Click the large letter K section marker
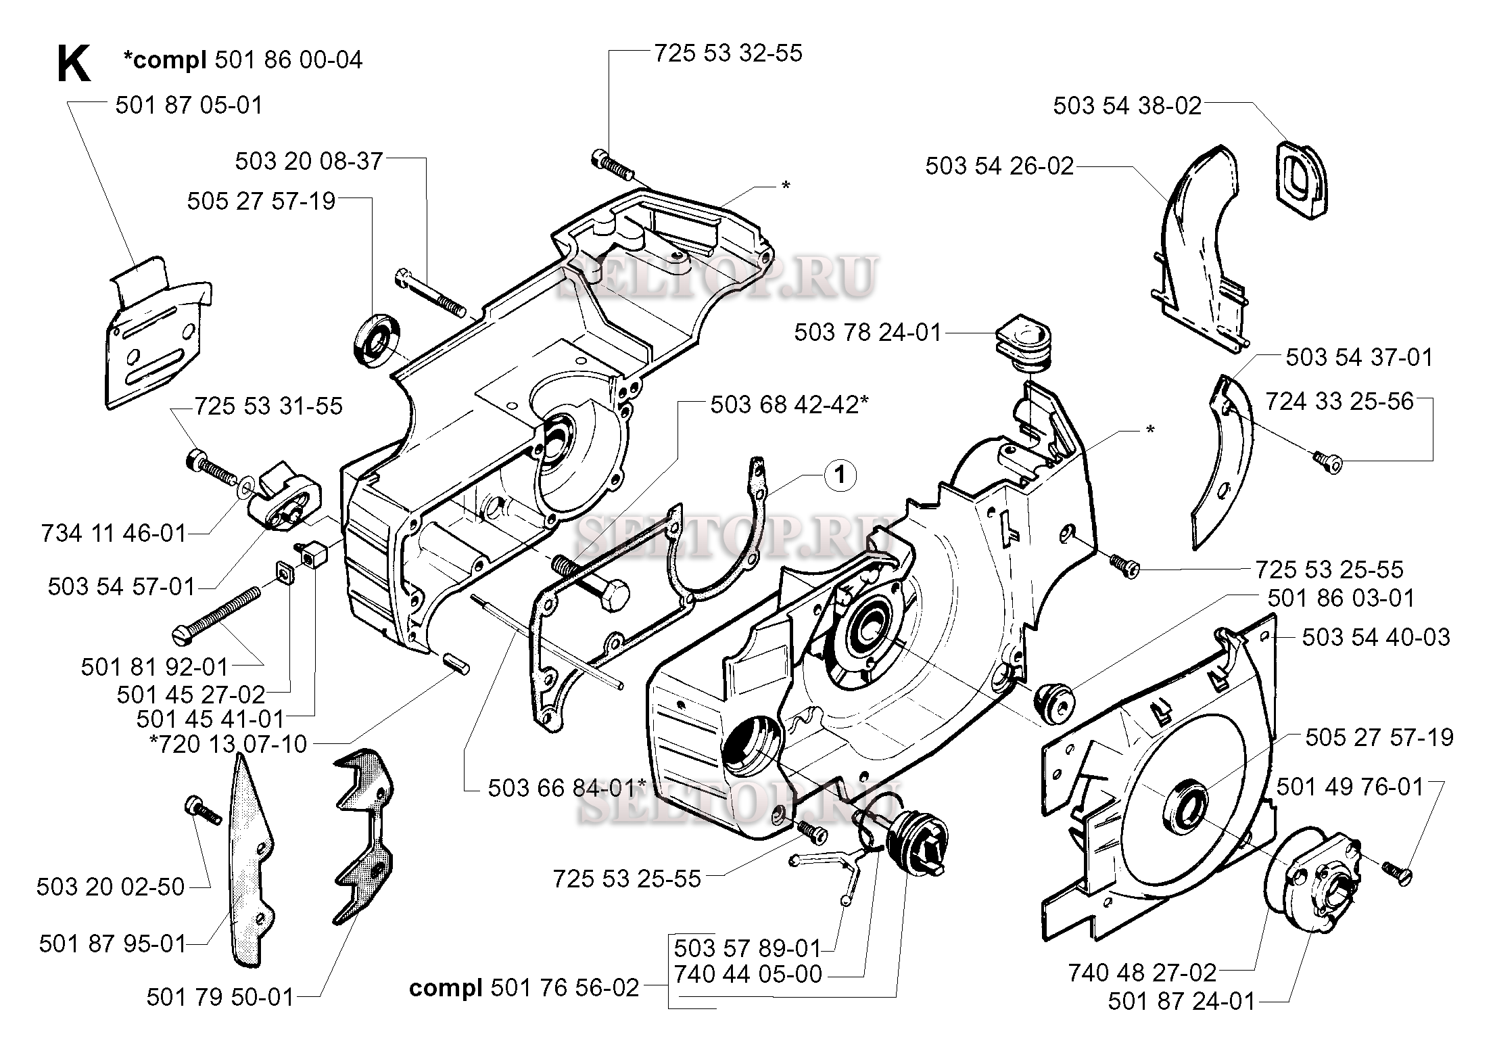tap(73, 64)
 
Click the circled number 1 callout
tap(840, 475)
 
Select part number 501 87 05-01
tap(189, 106)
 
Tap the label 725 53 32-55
tap(728, 53)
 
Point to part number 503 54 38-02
tap(1127, 106)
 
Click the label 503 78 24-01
tap(868, 333)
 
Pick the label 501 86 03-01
tap(1341, 598)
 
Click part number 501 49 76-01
tap(1350, 787)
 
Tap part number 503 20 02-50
tap(111, 887)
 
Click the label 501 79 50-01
tap(220, 998)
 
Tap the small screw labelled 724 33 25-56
tap(1327, 462)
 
